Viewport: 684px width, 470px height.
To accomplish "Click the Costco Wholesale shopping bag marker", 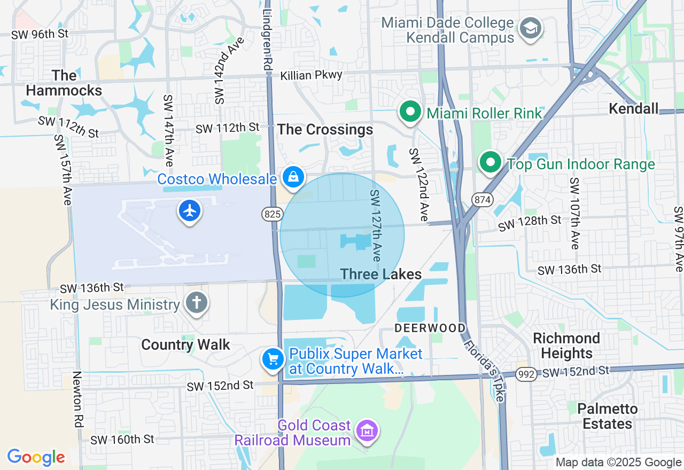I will point(293,177).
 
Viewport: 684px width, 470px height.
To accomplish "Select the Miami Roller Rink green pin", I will point(410,112).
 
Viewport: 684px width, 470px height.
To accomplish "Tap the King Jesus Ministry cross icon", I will point(196,303).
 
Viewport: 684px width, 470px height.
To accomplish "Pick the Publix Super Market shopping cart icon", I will point(273,359).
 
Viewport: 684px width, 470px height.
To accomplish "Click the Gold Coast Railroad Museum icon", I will point(367,430).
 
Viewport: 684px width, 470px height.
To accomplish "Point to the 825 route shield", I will point(272,215).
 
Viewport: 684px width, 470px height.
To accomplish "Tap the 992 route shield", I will point(526,374).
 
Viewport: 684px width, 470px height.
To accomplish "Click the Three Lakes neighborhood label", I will point(381,275).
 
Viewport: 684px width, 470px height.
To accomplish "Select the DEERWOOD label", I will point(430,328).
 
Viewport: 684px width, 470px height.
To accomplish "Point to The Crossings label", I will point(325,130).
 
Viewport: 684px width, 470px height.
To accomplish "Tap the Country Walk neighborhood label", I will point(185,345).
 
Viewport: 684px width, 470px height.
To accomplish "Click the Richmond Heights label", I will point(566,346).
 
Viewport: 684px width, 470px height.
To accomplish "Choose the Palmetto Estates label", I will point(608,417).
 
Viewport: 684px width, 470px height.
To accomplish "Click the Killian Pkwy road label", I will point(311,75).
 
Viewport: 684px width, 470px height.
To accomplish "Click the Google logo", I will point(36,457).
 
